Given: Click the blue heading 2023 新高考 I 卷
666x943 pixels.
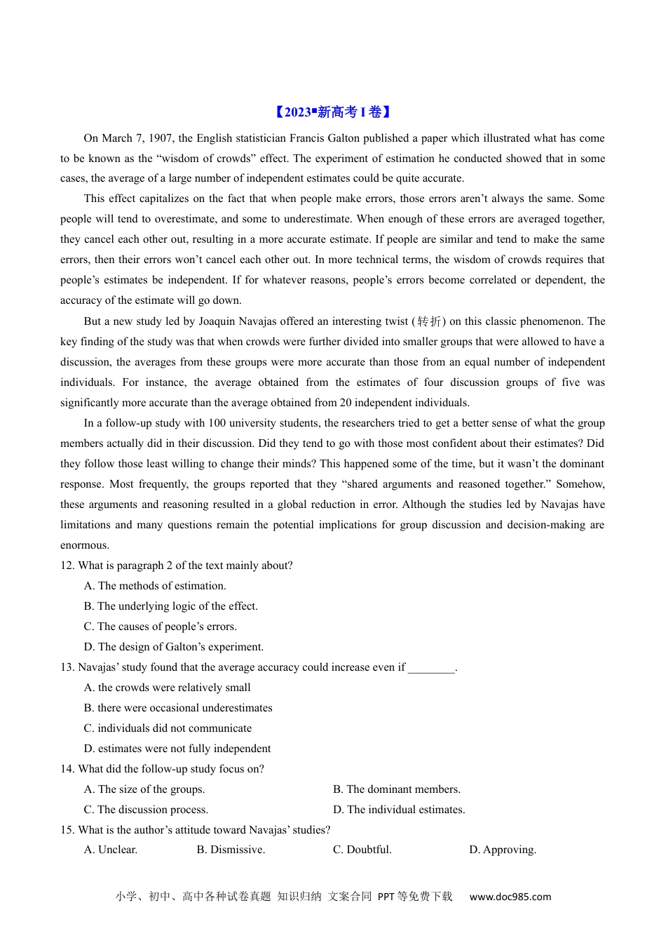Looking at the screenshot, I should pos(332,112).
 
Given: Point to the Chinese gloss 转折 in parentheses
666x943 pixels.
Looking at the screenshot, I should pos(429,321).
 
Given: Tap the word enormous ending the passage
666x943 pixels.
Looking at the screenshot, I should pos(85,545).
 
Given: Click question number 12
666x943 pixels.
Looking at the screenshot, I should pos(67,566).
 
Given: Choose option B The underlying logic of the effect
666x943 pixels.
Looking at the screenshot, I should pos(170,606).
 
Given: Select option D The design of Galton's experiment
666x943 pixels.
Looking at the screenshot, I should pos(173,647).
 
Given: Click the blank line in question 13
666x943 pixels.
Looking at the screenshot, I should pos(431,668).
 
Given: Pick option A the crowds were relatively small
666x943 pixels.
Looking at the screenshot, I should pos(167,688).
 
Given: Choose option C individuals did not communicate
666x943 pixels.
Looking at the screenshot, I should pos(168,728).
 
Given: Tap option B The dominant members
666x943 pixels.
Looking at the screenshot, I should pos(396,789).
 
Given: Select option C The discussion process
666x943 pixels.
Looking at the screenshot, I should pos(146,810).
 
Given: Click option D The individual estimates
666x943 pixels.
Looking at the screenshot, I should pos(398,810).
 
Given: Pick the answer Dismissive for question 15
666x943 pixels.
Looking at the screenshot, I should pos(231,850).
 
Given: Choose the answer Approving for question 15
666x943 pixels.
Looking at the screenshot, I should pos(503,850).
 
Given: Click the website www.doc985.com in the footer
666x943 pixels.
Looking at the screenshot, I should pos(510,897).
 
